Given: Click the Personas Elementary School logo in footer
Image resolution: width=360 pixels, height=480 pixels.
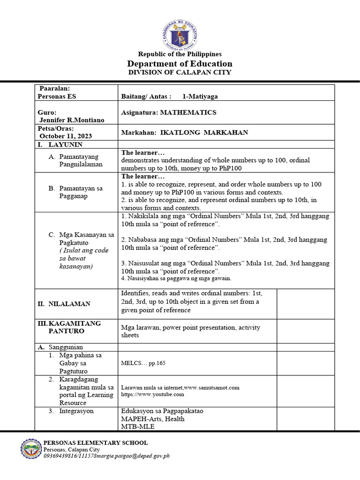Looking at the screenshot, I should click(31, 449).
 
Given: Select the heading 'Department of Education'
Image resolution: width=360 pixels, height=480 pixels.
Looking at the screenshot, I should click(180, 64).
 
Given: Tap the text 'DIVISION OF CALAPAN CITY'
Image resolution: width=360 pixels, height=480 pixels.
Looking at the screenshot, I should click(180, 73).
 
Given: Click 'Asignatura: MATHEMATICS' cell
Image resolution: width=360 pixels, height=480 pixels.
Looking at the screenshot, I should click(169, 112).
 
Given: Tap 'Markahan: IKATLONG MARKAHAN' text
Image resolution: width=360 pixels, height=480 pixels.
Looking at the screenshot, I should click(185, 133).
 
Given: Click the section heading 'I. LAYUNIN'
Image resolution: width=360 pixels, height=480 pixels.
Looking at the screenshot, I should click(60, 145).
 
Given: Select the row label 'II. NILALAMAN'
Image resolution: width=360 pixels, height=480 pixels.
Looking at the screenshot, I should click(64, 304).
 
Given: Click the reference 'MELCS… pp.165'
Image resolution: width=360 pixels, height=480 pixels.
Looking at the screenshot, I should click(143, 363).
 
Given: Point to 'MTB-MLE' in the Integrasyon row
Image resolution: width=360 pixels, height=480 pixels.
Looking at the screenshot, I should click(136, 427).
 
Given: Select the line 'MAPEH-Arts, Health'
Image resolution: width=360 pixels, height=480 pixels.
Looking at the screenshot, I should click(152, 419).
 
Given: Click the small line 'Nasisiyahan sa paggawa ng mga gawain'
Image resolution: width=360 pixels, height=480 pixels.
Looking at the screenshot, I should click(176, 278).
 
